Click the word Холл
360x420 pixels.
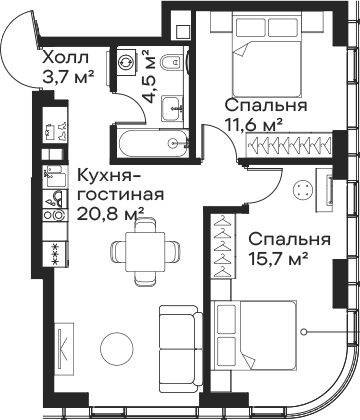point(66,58)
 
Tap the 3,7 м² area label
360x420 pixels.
point(68,76)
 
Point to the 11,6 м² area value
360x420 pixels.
point(254,125)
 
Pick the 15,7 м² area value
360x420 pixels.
point(278,258)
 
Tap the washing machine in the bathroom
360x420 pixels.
point(126,62)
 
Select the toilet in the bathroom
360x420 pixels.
point(171,62)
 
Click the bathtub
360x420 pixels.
point(153,143)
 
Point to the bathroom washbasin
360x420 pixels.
point(173,109)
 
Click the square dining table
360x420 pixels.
point(145,252)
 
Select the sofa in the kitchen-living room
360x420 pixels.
point(180,349)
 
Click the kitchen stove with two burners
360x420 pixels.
point(55,215)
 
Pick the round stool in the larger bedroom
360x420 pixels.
point(303,190)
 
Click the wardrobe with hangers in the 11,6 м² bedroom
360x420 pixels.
point(289,145)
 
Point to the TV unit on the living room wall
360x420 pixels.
point(64,349)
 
